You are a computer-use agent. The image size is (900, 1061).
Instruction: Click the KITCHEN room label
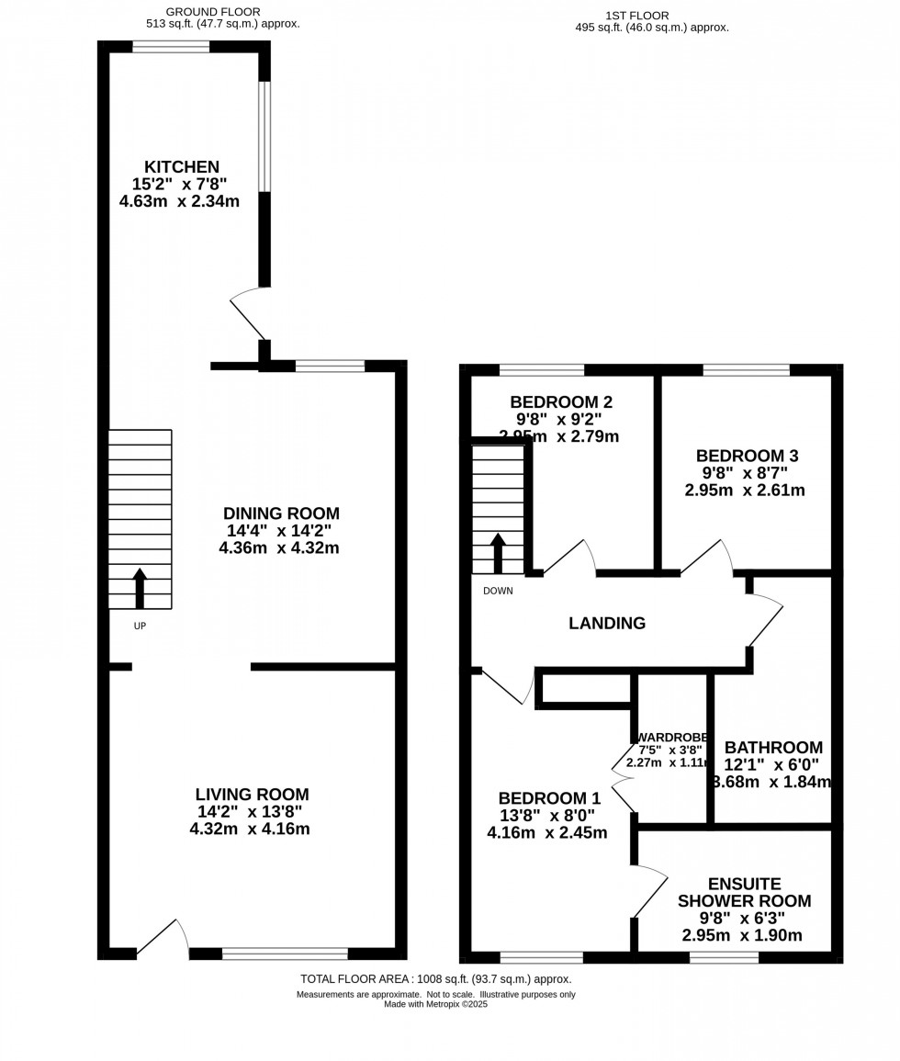[x=181, y=167]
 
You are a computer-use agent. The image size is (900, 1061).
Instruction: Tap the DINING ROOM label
[x=281, y=514]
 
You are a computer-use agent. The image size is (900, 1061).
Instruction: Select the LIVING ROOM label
[x=252, y=795]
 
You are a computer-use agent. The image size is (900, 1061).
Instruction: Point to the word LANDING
[x=607, y=623]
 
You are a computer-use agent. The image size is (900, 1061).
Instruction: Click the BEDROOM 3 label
[x=747, y=456]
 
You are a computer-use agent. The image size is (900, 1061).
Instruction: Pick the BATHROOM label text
[x=773, y=748]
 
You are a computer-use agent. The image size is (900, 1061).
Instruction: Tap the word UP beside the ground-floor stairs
[x=140, y=626]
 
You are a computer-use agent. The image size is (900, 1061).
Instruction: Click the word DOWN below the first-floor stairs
[x=498, y=591]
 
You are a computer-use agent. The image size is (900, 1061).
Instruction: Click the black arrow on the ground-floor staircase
[x=140, y=588]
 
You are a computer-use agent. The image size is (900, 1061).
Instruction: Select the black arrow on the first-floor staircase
[x=498, y=553]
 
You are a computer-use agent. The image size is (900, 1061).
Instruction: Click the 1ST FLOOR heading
[x=637, y=16]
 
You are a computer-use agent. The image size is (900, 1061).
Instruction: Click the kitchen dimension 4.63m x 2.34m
[x=179, y=201]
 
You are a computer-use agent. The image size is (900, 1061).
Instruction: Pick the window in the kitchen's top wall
[x=171, y=47]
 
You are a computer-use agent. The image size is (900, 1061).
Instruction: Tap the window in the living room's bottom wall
[x=285, y=954]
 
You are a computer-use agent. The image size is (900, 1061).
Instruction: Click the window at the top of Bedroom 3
[x=746, y=370]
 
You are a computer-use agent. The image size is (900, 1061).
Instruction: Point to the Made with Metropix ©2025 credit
[x=436, y=1004]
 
